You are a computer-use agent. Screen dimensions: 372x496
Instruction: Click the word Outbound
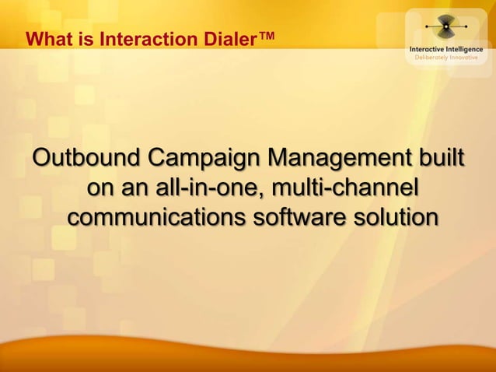[86, 159]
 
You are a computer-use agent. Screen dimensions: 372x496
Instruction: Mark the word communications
[159, 217]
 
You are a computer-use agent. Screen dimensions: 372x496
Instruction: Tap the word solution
[393, 217]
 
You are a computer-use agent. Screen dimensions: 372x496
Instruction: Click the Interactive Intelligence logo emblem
[446, 26]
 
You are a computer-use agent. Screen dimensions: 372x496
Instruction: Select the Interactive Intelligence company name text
[446, 49]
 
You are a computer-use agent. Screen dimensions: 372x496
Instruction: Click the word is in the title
[82, 39]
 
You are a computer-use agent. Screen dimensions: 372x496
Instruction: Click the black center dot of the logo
[446, 26]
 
